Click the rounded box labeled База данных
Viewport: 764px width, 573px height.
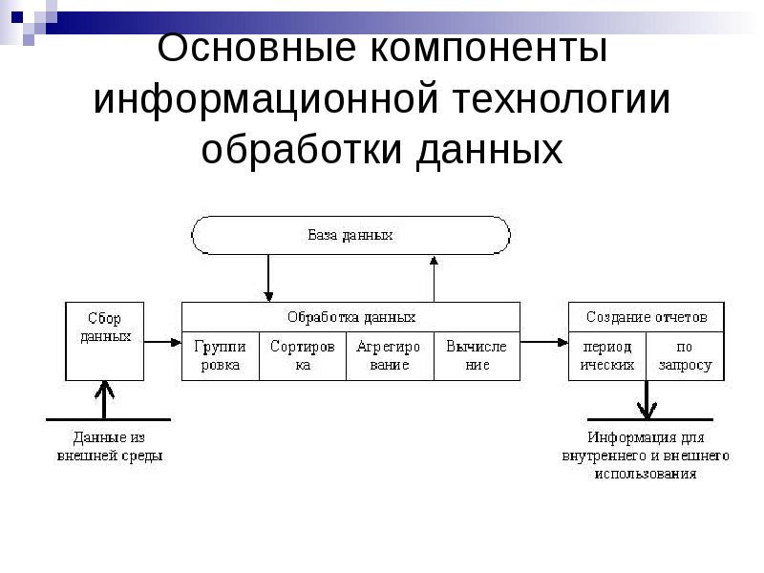[x=350, y=235]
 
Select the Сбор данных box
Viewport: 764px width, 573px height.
[x=104, y=341]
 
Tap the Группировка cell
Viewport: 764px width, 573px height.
[x=220, y=356]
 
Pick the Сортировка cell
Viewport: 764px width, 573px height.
[x=302, y=356]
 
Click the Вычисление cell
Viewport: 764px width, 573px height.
[x=477, y=356]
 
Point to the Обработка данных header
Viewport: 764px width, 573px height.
[x=350, y=316]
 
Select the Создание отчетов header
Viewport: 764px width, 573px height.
[x=647, y=316]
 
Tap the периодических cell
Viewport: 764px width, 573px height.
[x=607, y=356]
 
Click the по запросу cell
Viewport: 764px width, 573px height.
[x=686, y=356]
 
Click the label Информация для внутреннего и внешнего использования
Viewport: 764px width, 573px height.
[x=646, y=456]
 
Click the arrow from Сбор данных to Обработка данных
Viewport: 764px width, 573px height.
[x=163, y=341]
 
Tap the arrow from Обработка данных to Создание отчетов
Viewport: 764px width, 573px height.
[x=544, y=341]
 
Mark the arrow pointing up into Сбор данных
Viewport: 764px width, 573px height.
[x=105, y=399]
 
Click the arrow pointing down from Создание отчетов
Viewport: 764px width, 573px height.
[x=647, y=399]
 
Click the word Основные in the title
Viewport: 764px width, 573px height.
[x=244, y=48]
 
